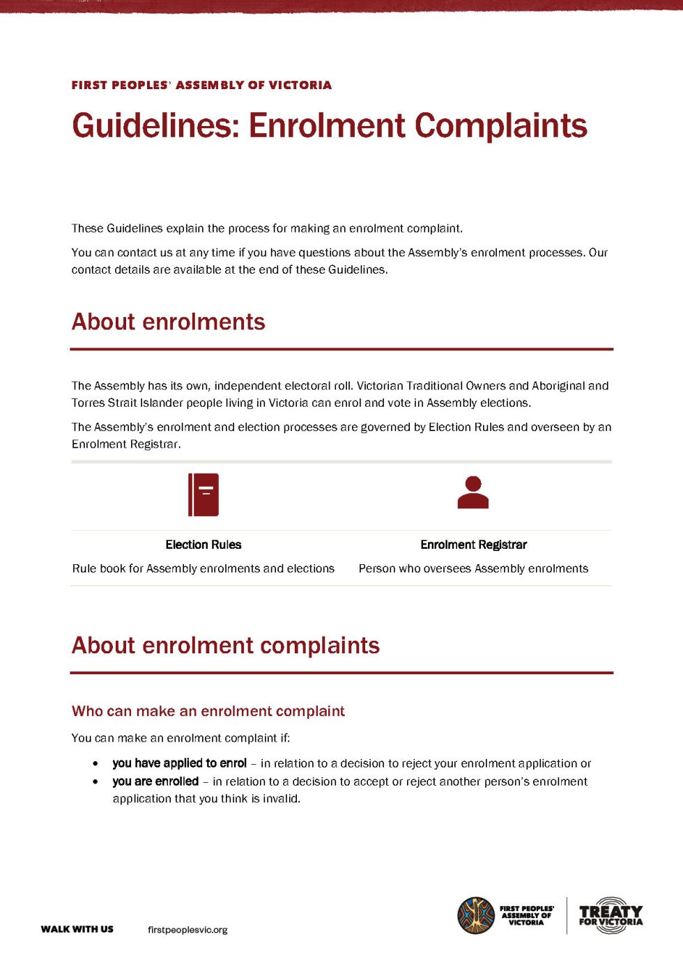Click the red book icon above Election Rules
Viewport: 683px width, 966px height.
click(x=204, y=494)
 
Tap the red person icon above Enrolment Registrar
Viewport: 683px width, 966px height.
click(x=473, y=493)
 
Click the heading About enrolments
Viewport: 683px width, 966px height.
click(x=168, y=322)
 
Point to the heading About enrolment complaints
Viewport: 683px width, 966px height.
click(x=225, y=646)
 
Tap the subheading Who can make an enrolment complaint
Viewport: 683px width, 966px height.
click(x=208, y=711)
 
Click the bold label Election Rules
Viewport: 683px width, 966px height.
click(x=204, y=545)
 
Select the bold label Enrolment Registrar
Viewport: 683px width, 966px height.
click(x=473, y=545)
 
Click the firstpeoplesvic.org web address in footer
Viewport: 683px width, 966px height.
click(x=187, y=930)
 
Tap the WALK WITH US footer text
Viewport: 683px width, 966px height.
click(x=77, y=929)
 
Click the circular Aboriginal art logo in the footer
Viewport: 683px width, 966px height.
click(x=476, y=915)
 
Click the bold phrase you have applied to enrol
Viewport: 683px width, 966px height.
click(x=179, y=763)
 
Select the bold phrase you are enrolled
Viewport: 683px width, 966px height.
click(x=155, y=781)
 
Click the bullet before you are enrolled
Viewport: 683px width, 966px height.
click(x=95, y=782)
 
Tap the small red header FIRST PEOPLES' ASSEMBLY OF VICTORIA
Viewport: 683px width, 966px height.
click(x=201, y=85)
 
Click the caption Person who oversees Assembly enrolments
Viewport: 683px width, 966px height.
click(x=473, y=568)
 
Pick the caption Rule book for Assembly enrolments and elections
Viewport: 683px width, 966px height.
click(x=204, y=568)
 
